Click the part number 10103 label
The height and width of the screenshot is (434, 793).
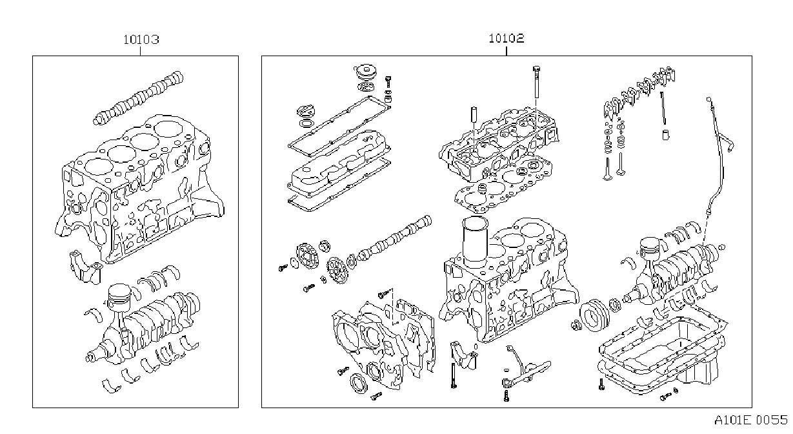pyautogui.click(x=141, y=39)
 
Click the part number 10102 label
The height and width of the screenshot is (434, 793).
pyautogui.click(x=507, y=38)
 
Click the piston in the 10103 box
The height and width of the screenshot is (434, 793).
pyautogui.click(x=119, y=298)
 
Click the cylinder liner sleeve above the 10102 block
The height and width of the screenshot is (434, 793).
pyautogui.click(x=475, y=242)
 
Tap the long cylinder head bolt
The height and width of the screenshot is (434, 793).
pyautogui.click(x=536, y=81)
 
